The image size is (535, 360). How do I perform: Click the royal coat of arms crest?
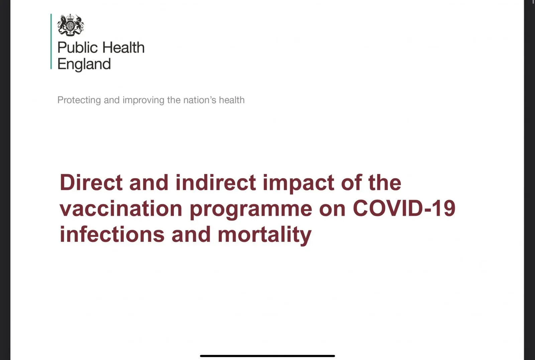pyautogui.click(x=71, y=25)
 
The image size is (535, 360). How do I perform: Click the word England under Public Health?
pyautogui.click(x=84, y=64)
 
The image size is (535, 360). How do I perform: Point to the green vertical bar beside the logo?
pyautogui.click(x=51, y=41)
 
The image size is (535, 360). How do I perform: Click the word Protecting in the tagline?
pyautogui.click(x=79, y=100)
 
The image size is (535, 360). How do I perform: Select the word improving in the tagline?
pyautogui.click(x=143, y=100)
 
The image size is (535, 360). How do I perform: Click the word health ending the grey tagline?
pyautogui.click(x=232, y=100)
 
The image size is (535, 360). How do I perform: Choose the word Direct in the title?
pyautogui.click(x=91, y=182)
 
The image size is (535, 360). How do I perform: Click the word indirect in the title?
pyautogui.click(x=216, y=182)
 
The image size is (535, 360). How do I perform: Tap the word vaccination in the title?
pyautogui.click(x=121, y=208)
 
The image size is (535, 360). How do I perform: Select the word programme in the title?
pyautogui.click(x=251, y=210)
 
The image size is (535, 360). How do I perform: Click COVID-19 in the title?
pyautogui.click(x=404, y=208)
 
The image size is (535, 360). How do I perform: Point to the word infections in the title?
pyautogui.click(x=112, y=234)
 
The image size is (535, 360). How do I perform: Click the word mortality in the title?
pyautogui.click(x=264, y=235)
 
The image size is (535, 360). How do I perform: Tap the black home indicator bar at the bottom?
pyautogui.click(x=267, y=356)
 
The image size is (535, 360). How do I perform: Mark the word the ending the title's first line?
pyautogui.click(x=385, y=182)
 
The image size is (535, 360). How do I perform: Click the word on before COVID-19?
pyautogui.click(x=332, y=210)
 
